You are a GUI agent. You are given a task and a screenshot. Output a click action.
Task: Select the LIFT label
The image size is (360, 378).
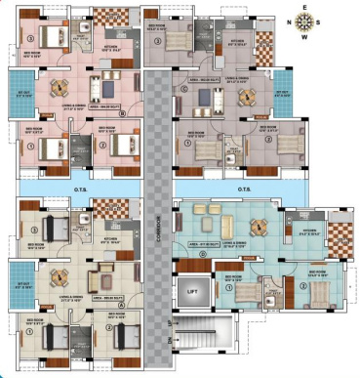[x=189, y=291]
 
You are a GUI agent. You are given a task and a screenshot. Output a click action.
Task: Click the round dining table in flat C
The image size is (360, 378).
[x=245, y=96]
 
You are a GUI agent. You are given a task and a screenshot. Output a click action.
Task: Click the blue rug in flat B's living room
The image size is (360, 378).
[x=101, y=84]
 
